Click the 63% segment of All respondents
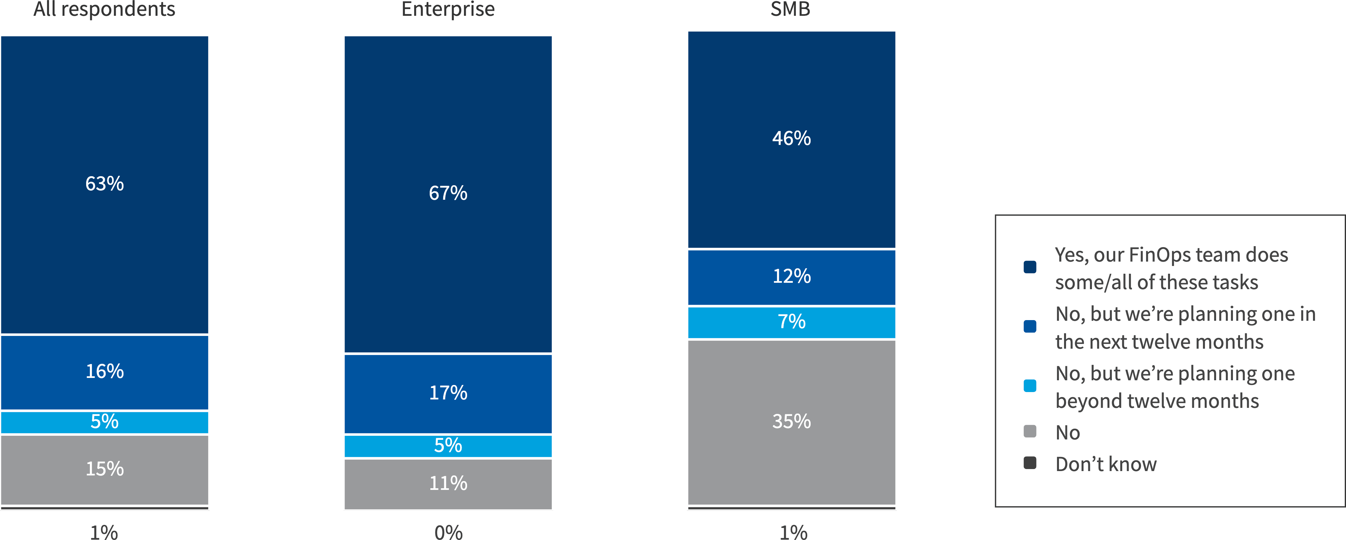coord(105,184)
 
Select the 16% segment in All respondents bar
coord(105,372)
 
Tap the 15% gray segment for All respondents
coord(105,469)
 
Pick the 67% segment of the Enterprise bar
coord(448,193)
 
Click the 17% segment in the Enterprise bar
coord(448,393)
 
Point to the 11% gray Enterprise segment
coord(448,484)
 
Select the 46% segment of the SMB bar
coord(791,139)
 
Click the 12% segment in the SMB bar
coord(791,277)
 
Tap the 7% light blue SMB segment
coord(791,322)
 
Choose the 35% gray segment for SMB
coord(791,421)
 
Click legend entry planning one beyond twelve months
coord(1175,387)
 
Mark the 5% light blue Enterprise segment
coord(448,446)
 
